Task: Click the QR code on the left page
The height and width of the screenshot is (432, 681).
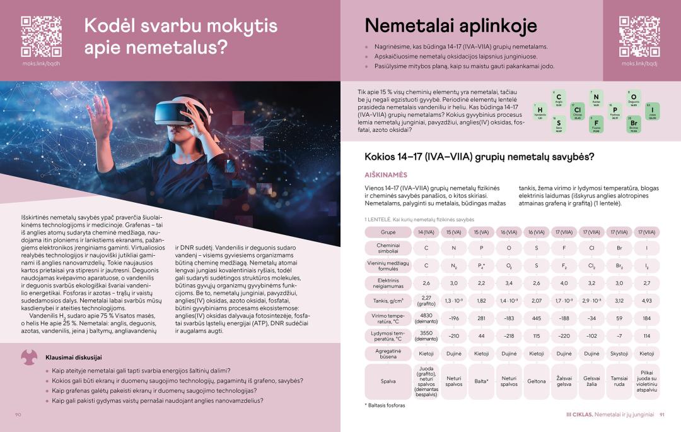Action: click(x=41, y=37)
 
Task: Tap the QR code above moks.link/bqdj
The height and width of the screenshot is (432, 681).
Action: click(x=639, y=37)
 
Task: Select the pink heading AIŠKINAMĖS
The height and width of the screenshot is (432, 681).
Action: click(x=386, y=174)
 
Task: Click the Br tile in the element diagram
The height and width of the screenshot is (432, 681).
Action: click(x=634, y=124)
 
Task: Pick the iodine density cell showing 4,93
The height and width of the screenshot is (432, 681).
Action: click(x=646, y=301)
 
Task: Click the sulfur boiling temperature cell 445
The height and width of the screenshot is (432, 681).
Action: click(x=537, y=318)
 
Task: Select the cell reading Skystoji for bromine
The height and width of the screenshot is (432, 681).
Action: click(x=619, y=354)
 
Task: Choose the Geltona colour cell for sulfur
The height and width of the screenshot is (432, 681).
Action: click(x=537, y=381)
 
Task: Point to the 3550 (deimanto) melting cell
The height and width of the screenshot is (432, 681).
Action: click(x=426, y=335)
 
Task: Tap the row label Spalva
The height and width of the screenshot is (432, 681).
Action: click(x=388, y=381)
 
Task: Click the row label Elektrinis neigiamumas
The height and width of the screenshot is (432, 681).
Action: click(x=388, y=283)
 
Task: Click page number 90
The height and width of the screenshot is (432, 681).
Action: click(x=18, y=414)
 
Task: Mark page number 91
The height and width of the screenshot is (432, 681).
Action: click(x=662, y=414)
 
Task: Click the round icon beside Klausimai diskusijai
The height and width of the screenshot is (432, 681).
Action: click(x=30, y=357)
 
